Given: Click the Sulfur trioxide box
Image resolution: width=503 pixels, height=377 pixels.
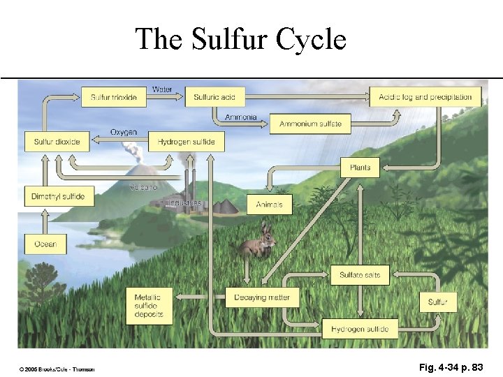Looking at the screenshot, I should coord(114,97).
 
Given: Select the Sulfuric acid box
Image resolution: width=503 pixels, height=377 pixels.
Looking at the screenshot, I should coord(215,97).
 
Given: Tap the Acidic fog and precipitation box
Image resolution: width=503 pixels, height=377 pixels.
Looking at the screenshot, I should coord(425,97).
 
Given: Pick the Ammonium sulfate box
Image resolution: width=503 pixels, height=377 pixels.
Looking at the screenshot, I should coord(310,124).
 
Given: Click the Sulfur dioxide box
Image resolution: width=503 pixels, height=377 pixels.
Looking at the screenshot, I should coord(57,142).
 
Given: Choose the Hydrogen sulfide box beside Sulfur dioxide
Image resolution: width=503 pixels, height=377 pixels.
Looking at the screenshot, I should coord(186,142).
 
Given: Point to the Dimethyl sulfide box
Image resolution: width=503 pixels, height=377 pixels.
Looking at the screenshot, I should coord(58,196).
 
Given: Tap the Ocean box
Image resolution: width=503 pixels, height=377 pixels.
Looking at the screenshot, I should coord(45,244).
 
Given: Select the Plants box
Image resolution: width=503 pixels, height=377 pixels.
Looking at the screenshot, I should coord(360,168).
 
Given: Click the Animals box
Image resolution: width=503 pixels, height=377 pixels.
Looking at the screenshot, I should coord(270,205).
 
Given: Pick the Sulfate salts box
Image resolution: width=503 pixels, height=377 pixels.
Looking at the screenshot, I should coord(360,275).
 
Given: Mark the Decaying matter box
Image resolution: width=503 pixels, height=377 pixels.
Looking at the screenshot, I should coord(262,297).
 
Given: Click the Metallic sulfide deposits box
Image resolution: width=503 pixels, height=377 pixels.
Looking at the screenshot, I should coord(150,306).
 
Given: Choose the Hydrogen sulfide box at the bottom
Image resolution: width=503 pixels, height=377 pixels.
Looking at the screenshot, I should coord(360,329).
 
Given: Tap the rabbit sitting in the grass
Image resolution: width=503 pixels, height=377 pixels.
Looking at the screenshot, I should coord(260,242).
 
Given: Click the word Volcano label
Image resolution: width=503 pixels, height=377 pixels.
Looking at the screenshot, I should coord(144,187).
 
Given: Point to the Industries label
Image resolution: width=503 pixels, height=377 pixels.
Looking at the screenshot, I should coord(184,202).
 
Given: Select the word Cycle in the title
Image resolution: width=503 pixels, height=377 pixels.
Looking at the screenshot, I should coord(311,39).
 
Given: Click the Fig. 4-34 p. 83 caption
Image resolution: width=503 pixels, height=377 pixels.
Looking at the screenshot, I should coord(451,367).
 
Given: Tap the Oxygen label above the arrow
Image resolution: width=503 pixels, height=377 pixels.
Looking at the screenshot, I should coord(124,132).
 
